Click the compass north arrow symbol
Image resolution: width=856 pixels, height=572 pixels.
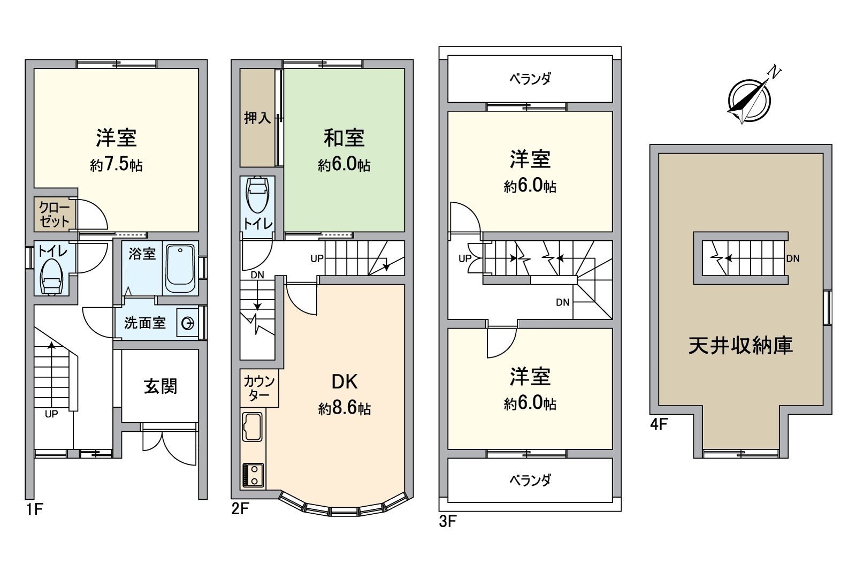point(749,99)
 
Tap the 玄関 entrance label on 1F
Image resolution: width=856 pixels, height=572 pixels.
point(160,386)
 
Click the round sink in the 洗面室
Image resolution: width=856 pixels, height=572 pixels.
point(188,323)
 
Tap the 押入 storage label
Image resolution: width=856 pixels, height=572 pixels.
point(257,118)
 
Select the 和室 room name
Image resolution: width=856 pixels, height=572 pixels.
point(344,138)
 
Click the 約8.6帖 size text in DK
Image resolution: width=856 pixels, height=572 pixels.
point(344,409)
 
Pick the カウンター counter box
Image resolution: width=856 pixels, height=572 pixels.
point(259,388)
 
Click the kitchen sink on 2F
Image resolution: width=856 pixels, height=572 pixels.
point(252,426)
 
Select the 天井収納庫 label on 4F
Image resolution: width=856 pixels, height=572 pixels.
point(740,346)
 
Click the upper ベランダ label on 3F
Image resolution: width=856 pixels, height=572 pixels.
point(530,79)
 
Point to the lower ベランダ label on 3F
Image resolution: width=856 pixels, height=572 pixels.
point(530,480)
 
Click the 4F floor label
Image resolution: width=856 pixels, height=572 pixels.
point(659,424)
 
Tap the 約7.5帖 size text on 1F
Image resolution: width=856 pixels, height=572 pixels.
point(116,164)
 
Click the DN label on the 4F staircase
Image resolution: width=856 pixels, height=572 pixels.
point(793,258)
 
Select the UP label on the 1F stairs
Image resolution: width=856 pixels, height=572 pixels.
point(51,414)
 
